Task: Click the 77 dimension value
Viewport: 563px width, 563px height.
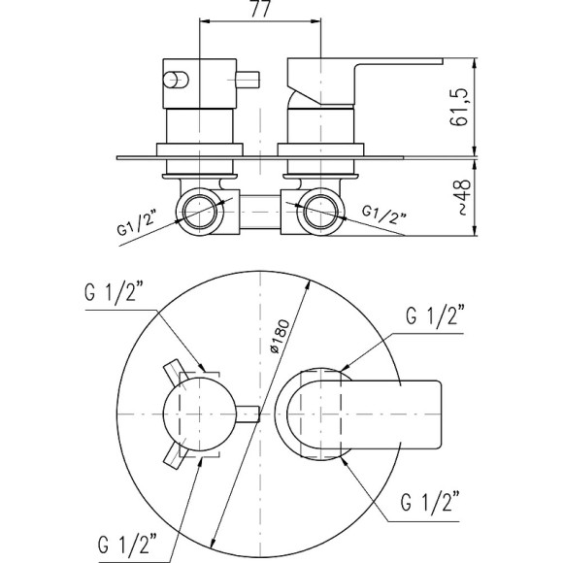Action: [x=260, y=9]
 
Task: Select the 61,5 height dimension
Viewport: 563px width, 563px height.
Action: [x=459, y=107]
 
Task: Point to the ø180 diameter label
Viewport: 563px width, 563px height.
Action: [x=280, y=336]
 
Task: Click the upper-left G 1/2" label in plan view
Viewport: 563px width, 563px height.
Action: [x=115, y=292]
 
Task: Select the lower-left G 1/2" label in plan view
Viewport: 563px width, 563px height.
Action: [x=127, y=544]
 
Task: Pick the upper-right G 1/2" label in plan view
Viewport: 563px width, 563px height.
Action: [x=436, y=316]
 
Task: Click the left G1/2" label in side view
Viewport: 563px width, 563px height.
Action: [x=138, y=224]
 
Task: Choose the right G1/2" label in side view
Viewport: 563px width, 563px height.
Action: [x=384, y=214]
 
